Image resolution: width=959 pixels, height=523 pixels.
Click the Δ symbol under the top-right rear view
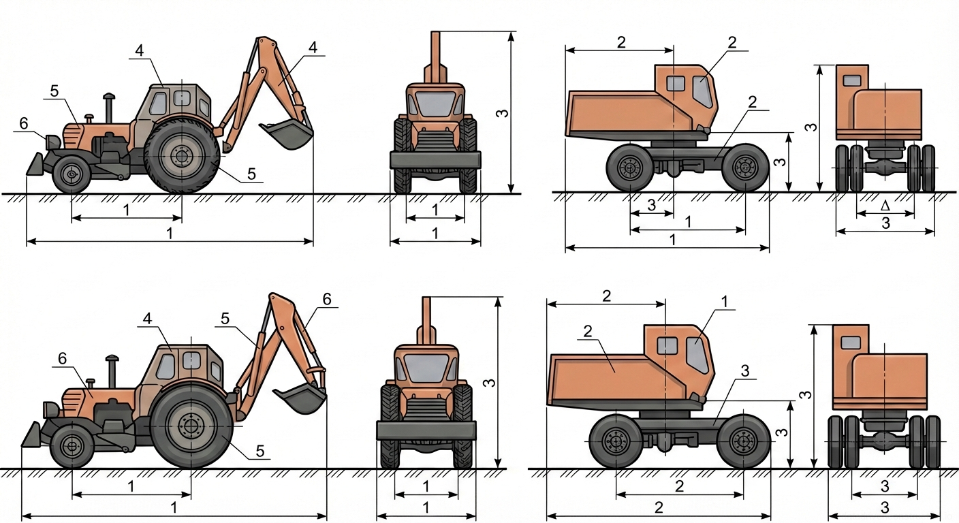click(885, 206)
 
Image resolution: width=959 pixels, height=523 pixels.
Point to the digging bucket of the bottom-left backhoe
click(300, 398)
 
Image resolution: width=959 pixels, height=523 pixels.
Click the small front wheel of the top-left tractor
click(71, 174)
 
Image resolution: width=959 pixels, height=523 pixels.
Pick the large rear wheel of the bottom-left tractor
click(191, 426)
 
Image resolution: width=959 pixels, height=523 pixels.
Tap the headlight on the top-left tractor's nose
click(52, 142)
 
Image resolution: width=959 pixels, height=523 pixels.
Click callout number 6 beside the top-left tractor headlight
click(24, 124)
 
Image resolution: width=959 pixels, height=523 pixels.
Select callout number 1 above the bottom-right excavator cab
click(725, 302)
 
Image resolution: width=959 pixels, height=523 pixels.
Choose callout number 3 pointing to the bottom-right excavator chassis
click(745, 370)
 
